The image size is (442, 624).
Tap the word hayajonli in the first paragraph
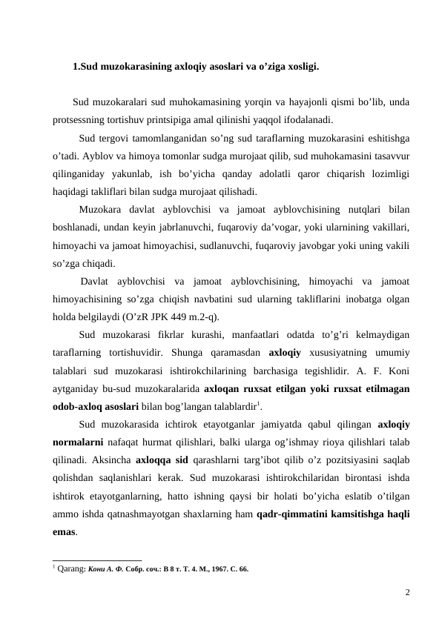click(x=276, y=102)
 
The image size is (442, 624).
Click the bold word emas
click(x=65, y=531)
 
